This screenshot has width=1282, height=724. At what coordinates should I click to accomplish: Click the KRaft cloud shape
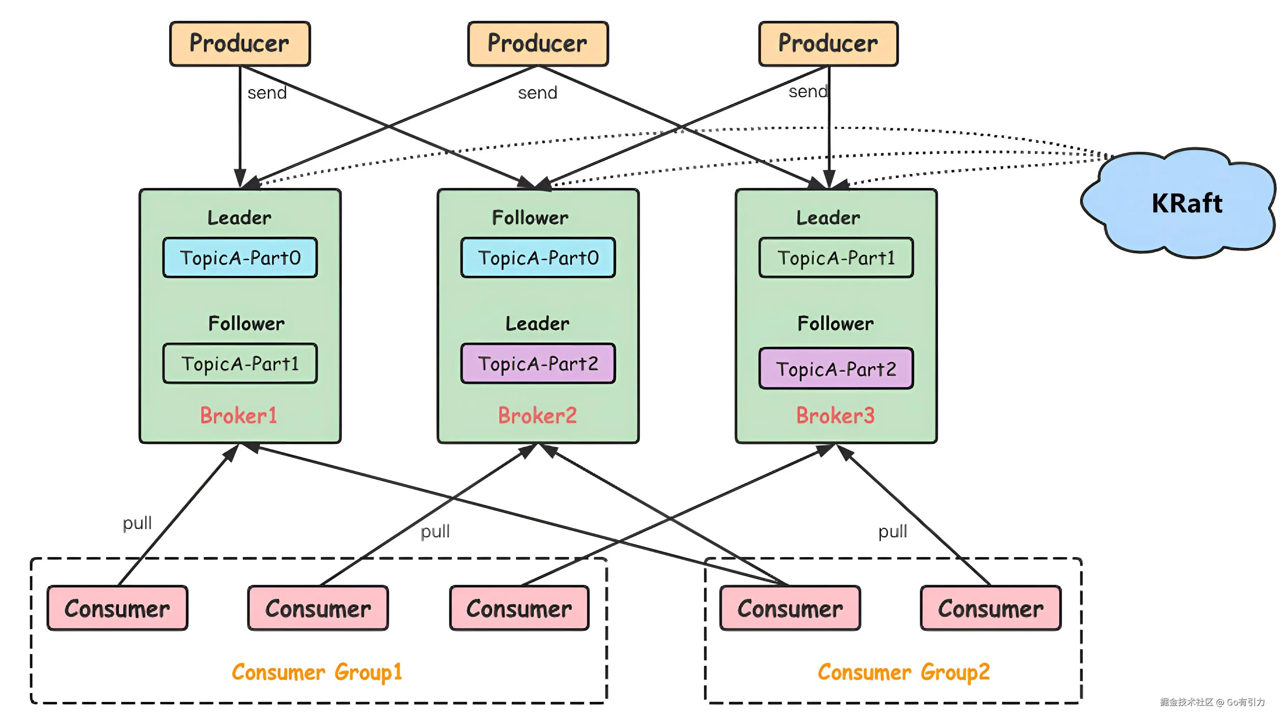(x=1184, y=204)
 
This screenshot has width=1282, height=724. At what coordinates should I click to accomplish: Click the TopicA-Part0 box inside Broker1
(x=240, y=258)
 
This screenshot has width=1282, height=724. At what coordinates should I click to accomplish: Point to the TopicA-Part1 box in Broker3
(x=836, y=258)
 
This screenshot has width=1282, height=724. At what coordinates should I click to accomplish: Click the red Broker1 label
(x=238, y=416)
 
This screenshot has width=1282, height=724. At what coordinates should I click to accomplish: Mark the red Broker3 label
(x=835, y=416)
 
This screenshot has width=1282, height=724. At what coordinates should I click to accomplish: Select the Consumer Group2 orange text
(x=903, y=672)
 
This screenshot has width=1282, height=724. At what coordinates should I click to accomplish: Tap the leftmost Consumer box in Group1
(x=118, y=609)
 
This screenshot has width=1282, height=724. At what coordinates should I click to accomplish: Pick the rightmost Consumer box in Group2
(x=990, y=609)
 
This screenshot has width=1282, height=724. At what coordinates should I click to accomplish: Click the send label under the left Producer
(x=267, y=93)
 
